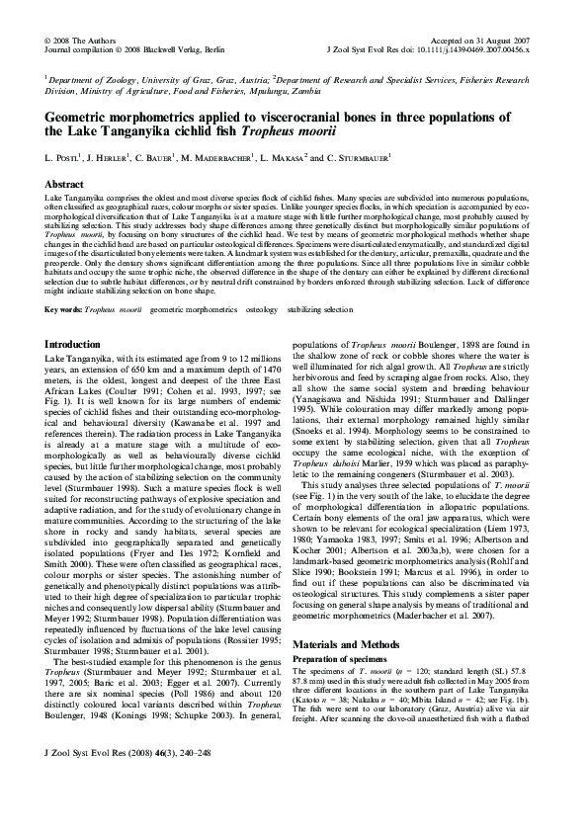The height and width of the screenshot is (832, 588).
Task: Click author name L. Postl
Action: point(62,157)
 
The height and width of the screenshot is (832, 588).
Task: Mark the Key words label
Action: point(63,309)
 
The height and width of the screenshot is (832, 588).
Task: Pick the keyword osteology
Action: point(261,309)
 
